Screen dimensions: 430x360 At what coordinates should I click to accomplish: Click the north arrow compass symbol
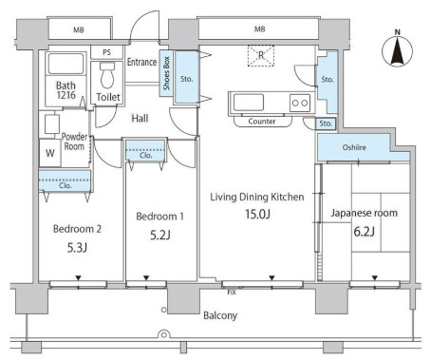[398, 49]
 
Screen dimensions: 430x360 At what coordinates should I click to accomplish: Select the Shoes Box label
[166, 73]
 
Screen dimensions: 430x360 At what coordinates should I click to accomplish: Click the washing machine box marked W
[50, 153]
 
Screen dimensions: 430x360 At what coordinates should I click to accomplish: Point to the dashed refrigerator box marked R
[261, 56]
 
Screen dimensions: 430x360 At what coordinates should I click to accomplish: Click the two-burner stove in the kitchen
[300, 103]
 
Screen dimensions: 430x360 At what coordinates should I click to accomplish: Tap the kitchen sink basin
[249, 103]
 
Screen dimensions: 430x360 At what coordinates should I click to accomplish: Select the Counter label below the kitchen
[262, 122]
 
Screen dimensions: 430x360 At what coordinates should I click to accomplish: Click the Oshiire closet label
[354, 147]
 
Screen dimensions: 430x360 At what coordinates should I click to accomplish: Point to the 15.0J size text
[257, 214]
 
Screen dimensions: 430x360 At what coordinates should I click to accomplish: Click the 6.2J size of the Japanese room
[364, 232]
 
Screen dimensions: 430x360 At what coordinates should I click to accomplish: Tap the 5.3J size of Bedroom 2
[77, 247]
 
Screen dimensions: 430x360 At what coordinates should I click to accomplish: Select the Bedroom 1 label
[159, 217]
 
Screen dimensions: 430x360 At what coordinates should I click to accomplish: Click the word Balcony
[220, 315]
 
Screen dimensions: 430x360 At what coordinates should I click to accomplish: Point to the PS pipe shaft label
[106, 52]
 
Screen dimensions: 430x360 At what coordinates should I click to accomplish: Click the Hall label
[140, 119]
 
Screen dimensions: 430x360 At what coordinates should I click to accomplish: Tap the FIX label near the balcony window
[232, 293]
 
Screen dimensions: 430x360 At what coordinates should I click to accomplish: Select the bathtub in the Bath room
[65, 64]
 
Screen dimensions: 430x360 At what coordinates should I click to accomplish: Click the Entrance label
[141, 62]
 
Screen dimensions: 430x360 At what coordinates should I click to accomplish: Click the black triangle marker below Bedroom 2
[78, 278]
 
